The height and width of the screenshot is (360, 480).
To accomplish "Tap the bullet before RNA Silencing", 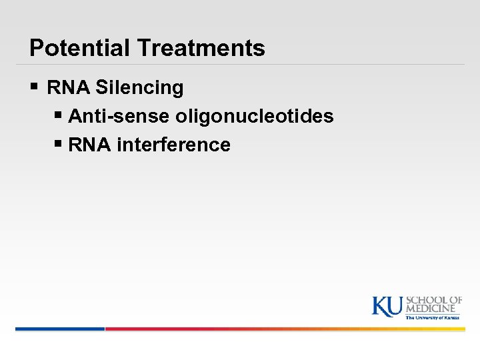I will pyautogui.click(x=35, y=87).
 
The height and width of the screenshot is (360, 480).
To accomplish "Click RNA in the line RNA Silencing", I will pyautogui.click(x=69, y=87).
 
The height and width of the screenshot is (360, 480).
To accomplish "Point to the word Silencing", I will pyautogui.click(x=139, y=87).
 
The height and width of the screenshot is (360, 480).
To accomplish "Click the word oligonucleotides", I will pyautogui.click(x=255, y=116).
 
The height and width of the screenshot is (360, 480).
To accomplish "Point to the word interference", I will pyautogui.click(x=173, y=145).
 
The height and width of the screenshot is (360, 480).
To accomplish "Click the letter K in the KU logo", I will pyautogui.click(x=380, y=307).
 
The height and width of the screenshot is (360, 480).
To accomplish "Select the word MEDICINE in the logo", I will pyautogui.click(x=432, y=309).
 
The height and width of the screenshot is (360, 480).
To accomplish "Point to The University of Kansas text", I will pyautogui.click(x=433, y=318).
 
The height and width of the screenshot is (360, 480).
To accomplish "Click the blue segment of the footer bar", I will pyautogui.click(x=60, y=329).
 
